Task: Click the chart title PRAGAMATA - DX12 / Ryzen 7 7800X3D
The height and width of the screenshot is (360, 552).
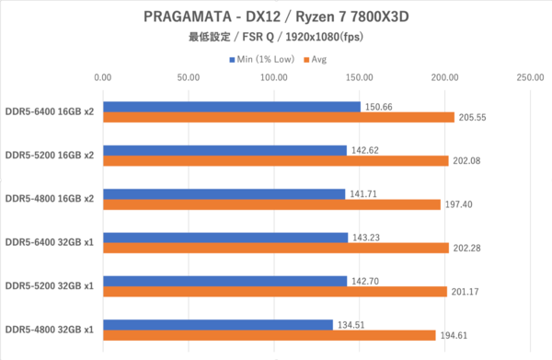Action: pos(276,17)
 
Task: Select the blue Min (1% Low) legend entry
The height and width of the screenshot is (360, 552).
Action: pos(262,60)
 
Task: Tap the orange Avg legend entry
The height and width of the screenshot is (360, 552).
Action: pos(316,60)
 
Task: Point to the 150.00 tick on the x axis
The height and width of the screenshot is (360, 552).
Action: pos(360,77)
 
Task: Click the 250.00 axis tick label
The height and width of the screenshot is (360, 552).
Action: pos(530,77)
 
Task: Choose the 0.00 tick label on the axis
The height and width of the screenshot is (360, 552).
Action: pos(103,77)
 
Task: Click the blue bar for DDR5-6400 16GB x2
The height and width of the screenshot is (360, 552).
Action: pos(232,107)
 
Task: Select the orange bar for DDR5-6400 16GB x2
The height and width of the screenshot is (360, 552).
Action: pos(279,117)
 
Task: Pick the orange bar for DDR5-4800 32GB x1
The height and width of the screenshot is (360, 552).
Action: pos(270,335)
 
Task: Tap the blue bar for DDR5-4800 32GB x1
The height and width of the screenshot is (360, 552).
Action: pos(218,325)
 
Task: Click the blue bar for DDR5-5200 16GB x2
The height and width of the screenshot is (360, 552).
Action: pos(225,150)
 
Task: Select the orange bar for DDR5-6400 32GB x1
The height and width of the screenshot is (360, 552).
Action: pos(276,248)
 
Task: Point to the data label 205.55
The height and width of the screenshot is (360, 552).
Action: pos(473,117)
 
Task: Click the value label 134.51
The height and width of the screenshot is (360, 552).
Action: pos(351,325)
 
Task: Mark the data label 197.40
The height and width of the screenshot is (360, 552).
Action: pos(459,204)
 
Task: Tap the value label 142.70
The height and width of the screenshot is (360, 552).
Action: pos(365,281)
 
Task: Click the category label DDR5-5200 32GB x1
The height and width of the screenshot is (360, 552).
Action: pos(50,285)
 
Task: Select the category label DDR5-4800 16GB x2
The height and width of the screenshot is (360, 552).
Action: pos(50,199)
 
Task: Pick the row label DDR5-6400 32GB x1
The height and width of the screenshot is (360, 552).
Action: pos(50,242)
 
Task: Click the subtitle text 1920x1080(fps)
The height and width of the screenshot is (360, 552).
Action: pos(324,37)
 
